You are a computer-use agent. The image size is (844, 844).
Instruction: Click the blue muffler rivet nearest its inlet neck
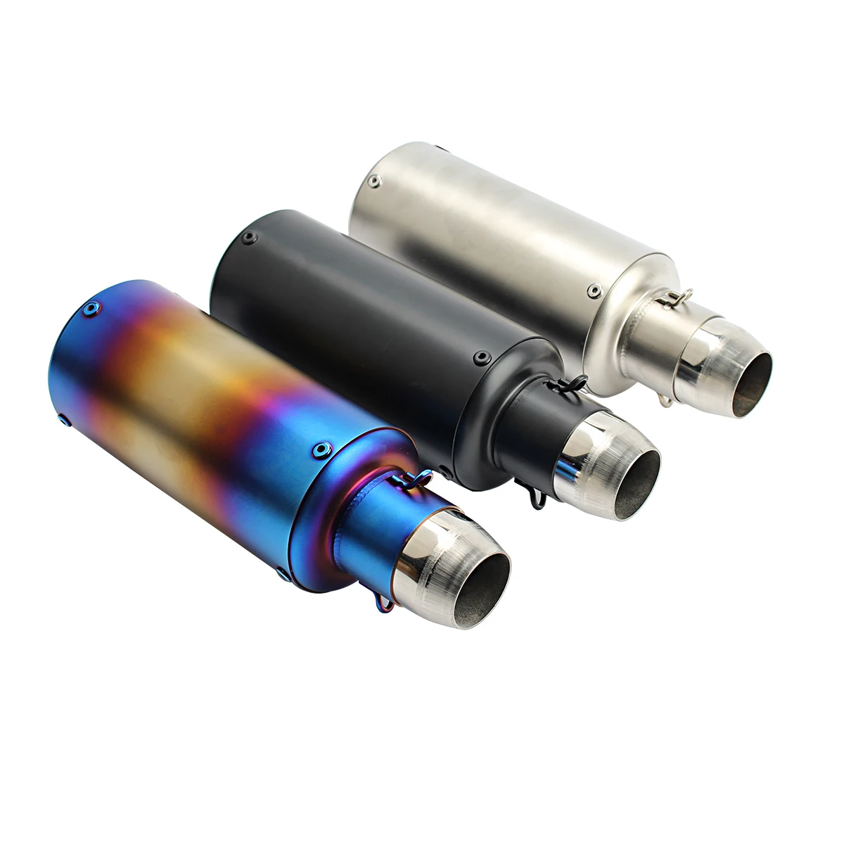pyautogui.click(x=323, y=448)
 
